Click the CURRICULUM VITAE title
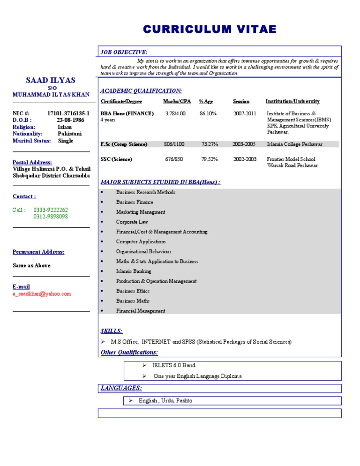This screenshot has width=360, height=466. click(x=210, y=30)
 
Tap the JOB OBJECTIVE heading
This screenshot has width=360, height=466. click(x=124, y=52)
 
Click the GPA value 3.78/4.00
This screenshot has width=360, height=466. click(x=175, y=113)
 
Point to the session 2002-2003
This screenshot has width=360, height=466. click(x=245, y=159)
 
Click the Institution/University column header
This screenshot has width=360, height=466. click(x=292, y=101)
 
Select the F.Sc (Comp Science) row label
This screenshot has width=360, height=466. click(x=124, y=144)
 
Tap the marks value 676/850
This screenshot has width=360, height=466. click(x=174, y=159)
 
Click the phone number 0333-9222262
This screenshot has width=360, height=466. click(x=51, y=210)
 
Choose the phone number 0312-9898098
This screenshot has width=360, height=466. click(x=51, y=217)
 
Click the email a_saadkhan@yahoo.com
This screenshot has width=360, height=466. click(x=42, y=294)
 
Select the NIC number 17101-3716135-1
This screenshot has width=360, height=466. click(x=68, y=113)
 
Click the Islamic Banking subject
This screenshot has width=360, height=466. click(x=134, y=271)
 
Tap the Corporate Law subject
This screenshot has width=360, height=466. click(x=132, y=222)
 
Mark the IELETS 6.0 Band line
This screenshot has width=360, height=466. click(x=174, y=365)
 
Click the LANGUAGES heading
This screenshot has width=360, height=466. click(x=121, y=388)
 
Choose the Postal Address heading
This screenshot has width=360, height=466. click(x=32, y=162)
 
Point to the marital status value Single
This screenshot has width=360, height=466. click(x=66, y=141)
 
